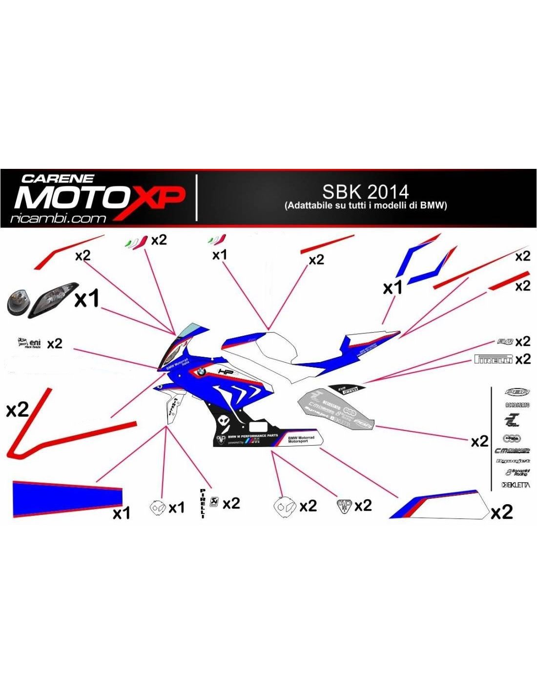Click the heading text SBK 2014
pos(365,191)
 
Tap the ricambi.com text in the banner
pos(58,219)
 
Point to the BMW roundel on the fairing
pos(200,372)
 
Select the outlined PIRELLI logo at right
pos(494,360)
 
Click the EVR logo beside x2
pos(505,342)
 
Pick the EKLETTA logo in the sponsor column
pos(516,485)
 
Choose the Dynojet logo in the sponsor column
pos(513,461)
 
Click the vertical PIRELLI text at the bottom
pos(203,503)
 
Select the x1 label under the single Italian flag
pos(219,255)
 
